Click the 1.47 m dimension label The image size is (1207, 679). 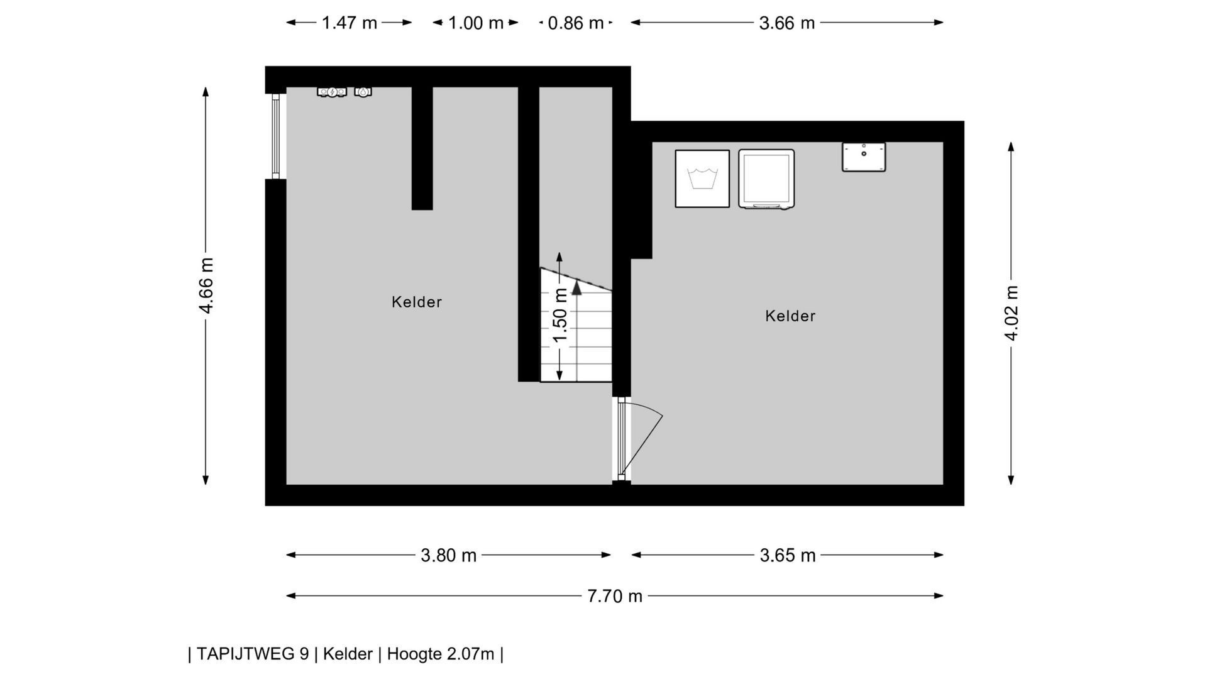[x=350, y=23]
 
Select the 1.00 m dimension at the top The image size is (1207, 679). [x=476, y=23]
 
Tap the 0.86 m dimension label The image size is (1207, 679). [x=576, y=23]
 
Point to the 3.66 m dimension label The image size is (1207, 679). [x=787, y=23]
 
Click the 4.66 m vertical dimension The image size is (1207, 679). [x=206, y=285]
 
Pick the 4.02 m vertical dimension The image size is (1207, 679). [x=1011, y=312]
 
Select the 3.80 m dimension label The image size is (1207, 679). [x=449, y=556]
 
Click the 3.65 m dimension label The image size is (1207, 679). [x=788, y=556]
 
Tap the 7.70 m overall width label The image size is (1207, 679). [x=615, y=596]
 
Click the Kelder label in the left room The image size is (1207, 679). [x=417, y=302]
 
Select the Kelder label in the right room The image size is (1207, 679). [x=790, y=316]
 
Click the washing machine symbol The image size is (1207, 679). [x=702, y=179]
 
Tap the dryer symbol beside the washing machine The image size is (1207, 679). [x=766, y=179]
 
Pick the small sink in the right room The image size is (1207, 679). [x=864, y=157]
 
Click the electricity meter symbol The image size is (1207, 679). [x=332, y=92]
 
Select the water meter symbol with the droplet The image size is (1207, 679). [x=363, y=92]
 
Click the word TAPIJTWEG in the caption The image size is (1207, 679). [x=253, y=654]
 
